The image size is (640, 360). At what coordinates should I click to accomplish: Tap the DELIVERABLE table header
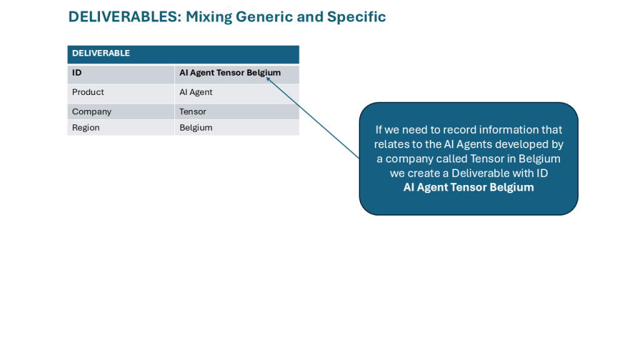tap(101, 54)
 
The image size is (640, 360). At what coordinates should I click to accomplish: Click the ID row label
tap(77, 73)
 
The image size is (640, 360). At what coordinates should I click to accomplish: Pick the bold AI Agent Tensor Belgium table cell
tap(229, 73)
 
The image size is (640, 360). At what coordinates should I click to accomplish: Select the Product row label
tap(88, 92)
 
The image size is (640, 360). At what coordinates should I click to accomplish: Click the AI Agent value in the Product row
tap(196, 92)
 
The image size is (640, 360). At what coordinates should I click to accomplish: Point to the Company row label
tap(92, 112)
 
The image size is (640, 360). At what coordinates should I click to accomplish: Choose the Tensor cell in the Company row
tap(192, 112)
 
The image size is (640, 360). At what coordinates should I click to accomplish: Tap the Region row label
tap(86, 128)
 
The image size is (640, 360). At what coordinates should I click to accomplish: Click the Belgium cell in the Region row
tap(196, 128)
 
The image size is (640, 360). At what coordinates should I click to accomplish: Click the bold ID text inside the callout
tap(468, 187)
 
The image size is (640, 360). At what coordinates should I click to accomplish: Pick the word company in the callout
tap(413, 159)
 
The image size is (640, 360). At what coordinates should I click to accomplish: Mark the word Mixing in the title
tap(209, 17)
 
